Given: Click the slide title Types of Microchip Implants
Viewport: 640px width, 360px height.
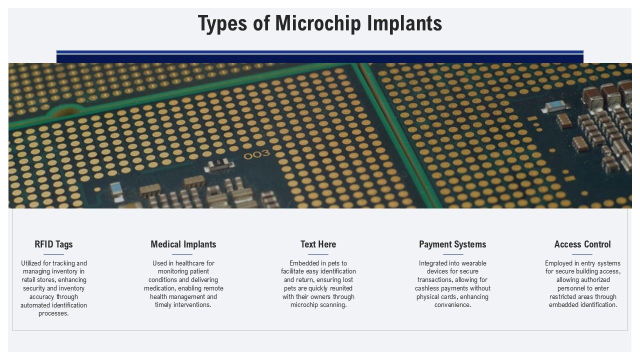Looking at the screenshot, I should tap(320, 23).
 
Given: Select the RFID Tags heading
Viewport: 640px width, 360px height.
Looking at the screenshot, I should tap(53, 244).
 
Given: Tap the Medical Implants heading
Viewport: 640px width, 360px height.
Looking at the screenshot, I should tap(183, 244).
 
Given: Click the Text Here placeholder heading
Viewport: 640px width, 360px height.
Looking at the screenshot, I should tap(318, 244).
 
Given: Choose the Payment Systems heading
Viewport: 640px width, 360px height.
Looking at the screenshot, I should tap(452, 244).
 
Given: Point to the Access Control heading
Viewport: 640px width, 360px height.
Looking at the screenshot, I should tap(582, 244).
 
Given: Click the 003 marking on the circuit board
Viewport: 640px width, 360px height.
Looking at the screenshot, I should tap(256, 154).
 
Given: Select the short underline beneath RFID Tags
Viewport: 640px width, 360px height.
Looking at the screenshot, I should tap(53, 254).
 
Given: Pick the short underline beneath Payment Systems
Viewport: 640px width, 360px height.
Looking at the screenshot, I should tap(452, 254).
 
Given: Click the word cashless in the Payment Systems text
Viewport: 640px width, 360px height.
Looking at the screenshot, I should tap(427, 288).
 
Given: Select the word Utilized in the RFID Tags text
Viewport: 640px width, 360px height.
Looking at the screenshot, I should tap(31, 263).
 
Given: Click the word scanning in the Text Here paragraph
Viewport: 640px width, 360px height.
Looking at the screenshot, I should tap(333, 305).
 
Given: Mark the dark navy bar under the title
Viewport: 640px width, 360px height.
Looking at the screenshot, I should tap(320, 58).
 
